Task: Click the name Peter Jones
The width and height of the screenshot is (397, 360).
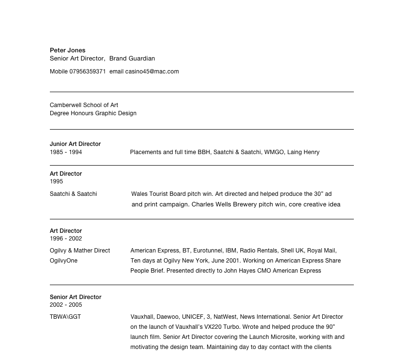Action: [68, 50]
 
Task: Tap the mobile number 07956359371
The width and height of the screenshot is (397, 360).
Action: [87, 72]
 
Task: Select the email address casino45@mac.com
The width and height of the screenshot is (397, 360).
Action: [152, 72]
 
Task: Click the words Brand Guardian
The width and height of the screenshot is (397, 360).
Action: [132, 59]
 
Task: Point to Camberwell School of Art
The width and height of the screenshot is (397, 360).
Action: [84, 105]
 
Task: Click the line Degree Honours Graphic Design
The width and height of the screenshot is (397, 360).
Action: [93, 113]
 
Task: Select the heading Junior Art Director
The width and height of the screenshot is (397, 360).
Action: [75, 144]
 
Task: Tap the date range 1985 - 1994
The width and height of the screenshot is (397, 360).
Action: [66, 152]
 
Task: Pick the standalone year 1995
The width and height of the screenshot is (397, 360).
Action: [57, 181]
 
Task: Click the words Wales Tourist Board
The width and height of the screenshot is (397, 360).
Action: [158, 194]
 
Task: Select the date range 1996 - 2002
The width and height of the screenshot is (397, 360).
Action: [66, 239]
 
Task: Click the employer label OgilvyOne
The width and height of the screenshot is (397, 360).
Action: [63, 261]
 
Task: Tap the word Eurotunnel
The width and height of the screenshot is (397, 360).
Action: [208, 251]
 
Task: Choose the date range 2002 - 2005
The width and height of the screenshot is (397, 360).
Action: [66, 305]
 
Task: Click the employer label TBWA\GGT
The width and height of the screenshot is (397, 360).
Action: [65, 317]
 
